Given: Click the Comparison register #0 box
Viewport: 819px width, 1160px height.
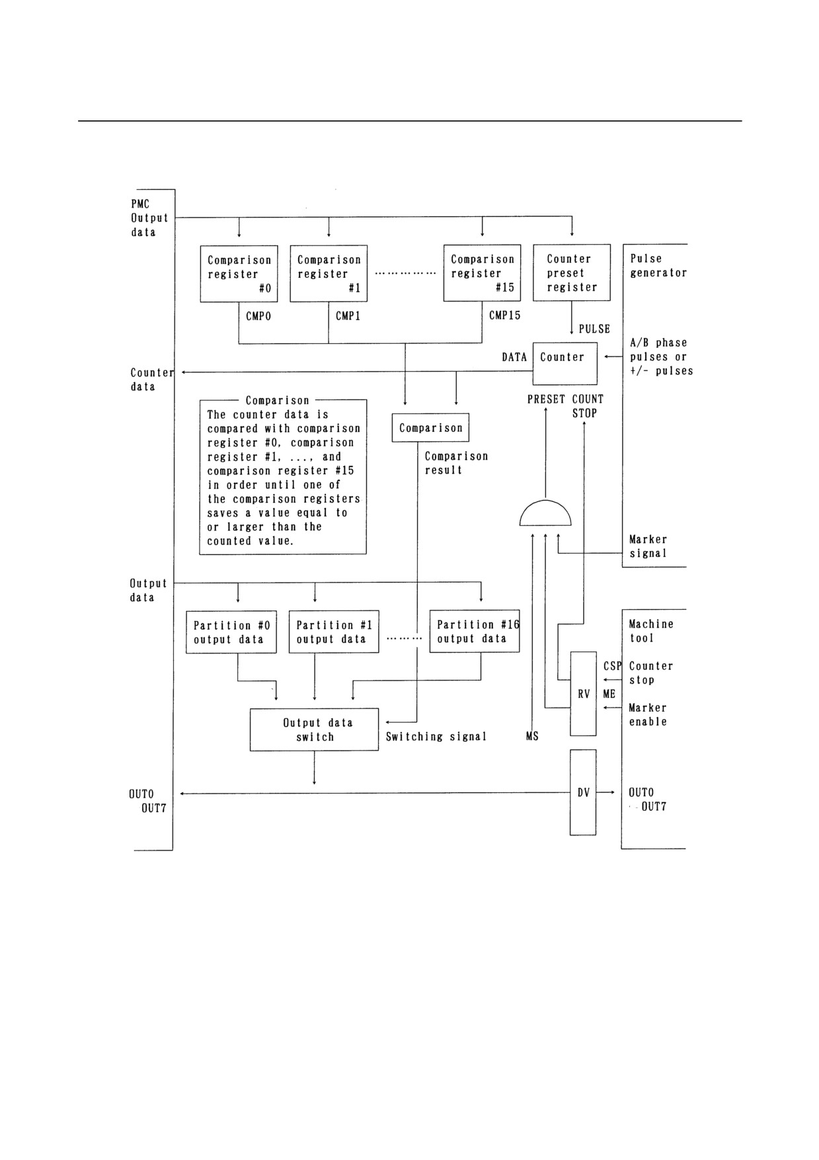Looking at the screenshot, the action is pos(239,274).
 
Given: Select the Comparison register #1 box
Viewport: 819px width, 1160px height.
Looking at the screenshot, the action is pos(329,274).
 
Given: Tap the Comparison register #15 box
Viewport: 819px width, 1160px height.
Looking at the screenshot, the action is pos(482,273).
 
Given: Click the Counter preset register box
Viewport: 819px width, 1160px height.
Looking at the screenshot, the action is pos(572,273).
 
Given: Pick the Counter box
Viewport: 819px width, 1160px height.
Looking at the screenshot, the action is pos(565,364).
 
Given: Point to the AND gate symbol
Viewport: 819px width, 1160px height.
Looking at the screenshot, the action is pos(545,514).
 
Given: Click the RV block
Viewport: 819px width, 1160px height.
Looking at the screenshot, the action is pos(583,694).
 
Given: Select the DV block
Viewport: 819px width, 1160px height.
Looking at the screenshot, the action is pos(583,792).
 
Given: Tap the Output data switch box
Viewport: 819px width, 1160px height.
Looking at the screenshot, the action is pos(314,730).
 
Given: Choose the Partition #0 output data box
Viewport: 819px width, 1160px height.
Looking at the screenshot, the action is pos(231,632).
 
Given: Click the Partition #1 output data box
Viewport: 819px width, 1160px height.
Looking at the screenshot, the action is pos(334,632).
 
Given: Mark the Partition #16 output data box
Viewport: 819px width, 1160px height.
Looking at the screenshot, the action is pos(475,632).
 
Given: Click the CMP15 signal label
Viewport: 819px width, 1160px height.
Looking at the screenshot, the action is pos(505,315).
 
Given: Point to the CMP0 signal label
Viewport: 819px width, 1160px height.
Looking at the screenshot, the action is pos(258,316).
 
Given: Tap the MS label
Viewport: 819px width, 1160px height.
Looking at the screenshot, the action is pos(532,736).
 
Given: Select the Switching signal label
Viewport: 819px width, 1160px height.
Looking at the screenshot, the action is pos(436,737).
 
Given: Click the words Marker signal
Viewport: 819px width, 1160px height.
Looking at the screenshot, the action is pos(648,546).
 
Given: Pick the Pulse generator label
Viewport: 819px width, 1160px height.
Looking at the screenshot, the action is pos(658,265).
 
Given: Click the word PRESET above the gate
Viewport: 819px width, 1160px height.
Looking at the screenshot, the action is pos(546,399).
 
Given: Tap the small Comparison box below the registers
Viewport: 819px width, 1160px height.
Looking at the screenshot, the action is pos(431,428).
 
